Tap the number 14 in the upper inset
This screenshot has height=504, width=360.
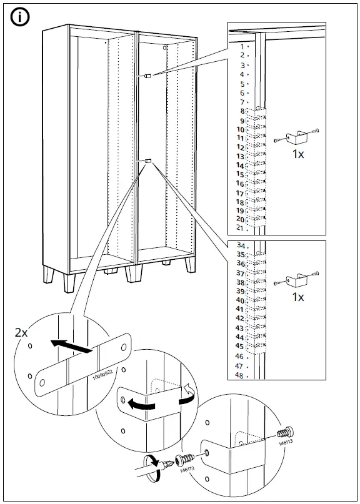click(240, 166)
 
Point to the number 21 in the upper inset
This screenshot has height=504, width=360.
click(240, 229)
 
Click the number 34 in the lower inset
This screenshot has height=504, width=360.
click(240, 245)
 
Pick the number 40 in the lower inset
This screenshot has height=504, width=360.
click(240, 300)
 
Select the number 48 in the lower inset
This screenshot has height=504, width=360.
click(240, 375)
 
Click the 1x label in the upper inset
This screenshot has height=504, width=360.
click(298, 154)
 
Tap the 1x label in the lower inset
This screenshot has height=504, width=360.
click(298, 297)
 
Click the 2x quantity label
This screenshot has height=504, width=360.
click(21, 333)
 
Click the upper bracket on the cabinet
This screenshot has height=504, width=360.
click(148, 76)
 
